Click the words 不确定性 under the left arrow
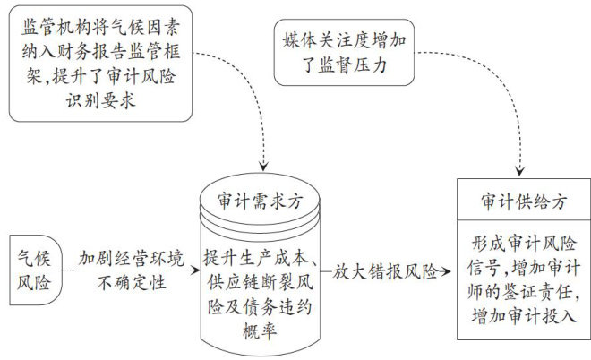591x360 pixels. coord(132,283)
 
